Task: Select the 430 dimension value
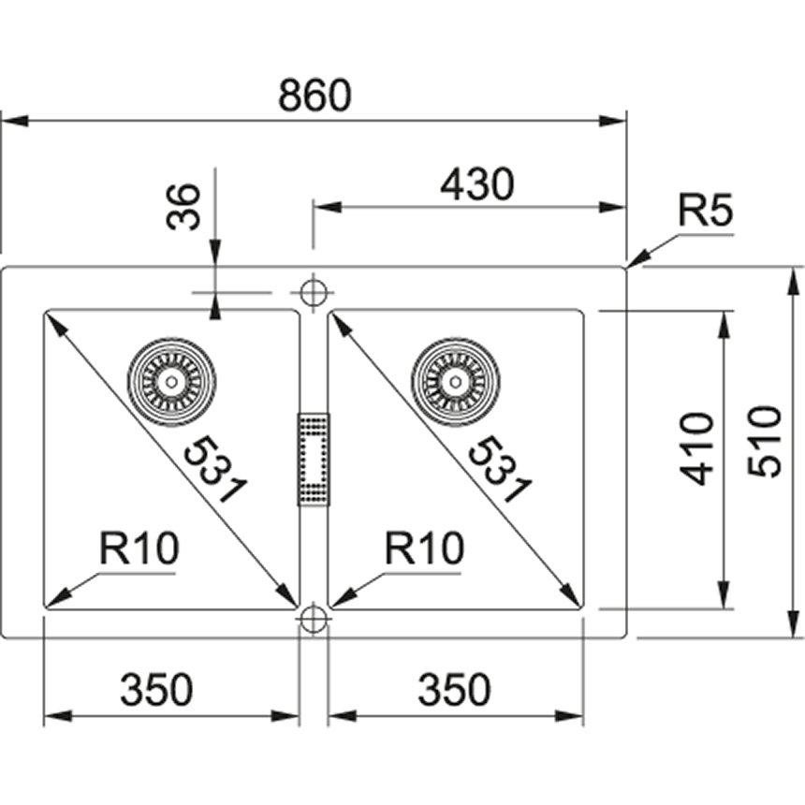[476, 184]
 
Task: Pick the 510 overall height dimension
[766, 441]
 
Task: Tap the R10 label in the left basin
[139, 549]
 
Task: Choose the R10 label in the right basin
[424, 549]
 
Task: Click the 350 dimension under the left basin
[156, 691]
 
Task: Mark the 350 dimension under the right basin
[453, 691]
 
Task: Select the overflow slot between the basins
[313, 459]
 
